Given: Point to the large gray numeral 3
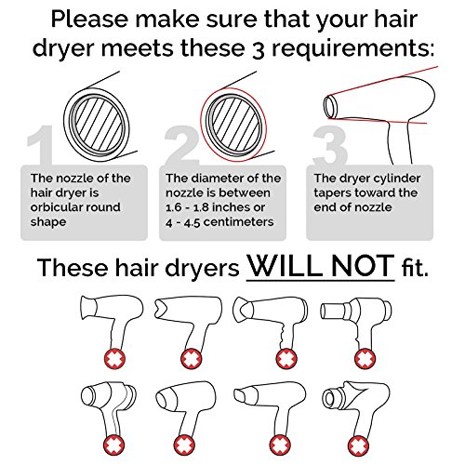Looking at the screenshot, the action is [x=330, y=145].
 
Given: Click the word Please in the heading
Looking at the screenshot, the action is [x=89, y=20].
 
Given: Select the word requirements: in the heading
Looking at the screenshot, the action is [x=352, y=49].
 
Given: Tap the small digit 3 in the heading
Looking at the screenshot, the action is [x=258, y=49].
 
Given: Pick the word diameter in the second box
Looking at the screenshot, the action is [x=222, y=179].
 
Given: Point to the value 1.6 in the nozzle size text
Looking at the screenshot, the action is [x=174, y=207].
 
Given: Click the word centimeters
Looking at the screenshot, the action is [x=239, y=222].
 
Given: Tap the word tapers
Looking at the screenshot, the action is [x=332, y=193].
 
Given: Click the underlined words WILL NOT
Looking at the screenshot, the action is [x=321, y=266].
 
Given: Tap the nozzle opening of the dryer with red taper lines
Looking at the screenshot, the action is [x=330, y=107].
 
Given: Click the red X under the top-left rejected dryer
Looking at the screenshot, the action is [x=114, y=360].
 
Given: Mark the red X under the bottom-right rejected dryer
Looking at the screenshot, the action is [x=358, y=445].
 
